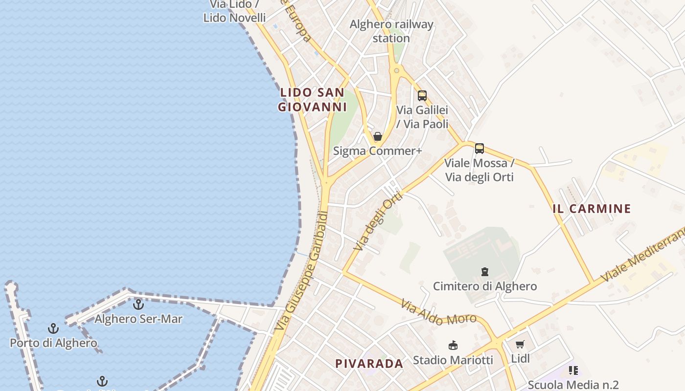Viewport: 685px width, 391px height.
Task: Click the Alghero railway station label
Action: point(391,31)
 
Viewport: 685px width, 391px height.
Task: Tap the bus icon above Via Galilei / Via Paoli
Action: point(422,96)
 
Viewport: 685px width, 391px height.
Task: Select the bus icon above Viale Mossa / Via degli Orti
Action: point(479,149)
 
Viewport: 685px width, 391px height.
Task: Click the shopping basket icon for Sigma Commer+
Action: point(378,136)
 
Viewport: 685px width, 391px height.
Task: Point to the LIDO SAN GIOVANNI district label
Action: point(312,99)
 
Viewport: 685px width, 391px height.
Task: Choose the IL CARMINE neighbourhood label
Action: point(592,209)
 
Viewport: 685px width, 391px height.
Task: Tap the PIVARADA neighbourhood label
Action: point(369,364)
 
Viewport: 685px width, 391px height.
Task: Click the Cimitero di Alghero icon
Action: point(485,271)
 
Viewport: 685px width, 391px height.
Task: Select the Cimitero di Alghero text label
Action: point(485,286)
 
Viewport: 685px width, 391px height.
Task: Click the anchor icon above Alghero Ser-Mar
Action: point(138,304)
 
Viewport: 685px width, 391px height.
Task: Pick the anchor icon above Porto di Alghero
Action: point(53,328)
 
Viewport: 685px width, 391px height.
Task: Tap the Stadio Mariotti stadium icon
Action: point(453,346)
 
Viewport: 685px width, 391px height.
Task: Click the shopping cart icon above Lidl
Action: point(520,345)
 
